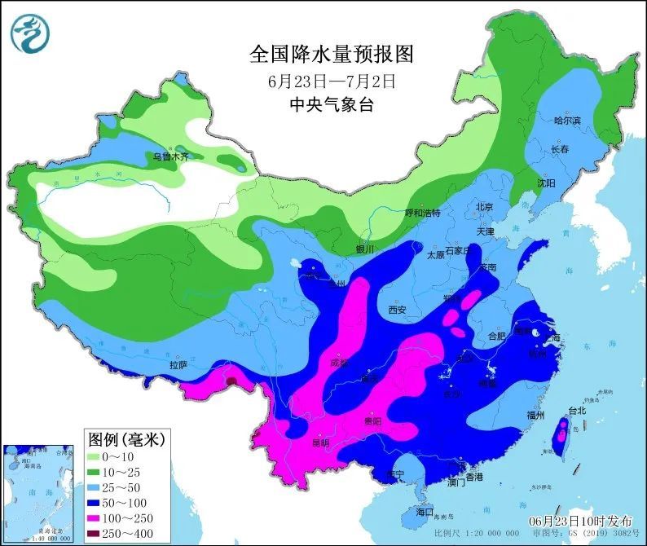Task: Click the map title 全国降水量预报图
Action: coord(332,55)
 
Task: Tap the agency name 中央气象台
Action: coord(332,104)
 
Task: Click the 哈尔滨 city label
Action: coord(567,121)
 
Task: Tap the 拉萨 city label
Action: coord(178,365)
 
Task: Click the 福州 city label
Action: coord(535,415)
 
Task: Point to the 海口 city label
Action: coord(425,513)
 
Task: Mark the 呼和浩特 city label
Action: coord(422,213)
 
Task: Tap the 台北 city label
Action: coord(577,411)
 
